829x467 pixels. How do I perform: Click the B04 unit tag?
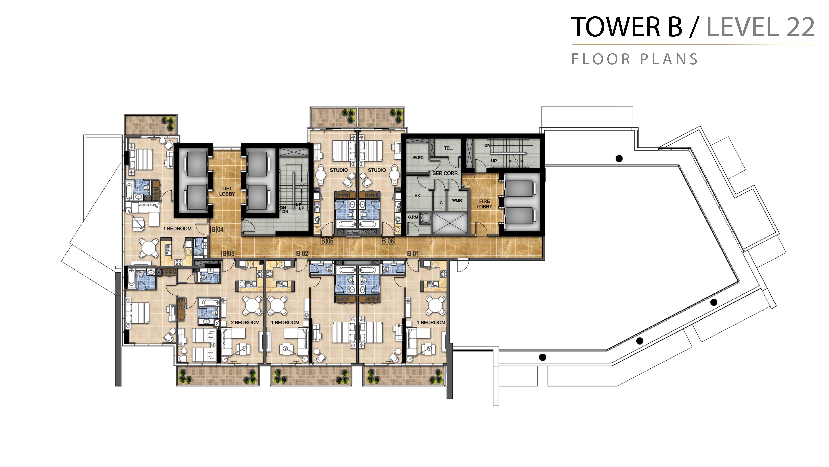point(218,229)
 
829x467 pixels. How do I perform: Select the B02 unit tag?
point(302,254)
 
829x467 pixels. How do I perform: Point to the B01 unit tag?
point(413,254)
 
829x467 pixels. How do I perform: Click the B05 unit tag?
point(327,241)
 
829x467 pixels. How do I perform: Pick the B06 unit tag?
point(388,241)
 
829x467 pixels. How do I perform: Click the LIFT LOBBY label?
point(227,191)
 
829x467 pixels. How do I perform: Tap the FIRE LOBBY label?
point(484,204)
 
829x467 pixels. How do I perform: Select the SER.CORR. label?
point(445,173)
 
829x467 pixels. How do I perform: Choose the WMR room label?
point(457,200)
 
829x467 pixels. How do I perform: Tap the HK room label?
point(417,196)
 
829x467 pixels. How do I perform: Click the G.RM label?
point(413,217)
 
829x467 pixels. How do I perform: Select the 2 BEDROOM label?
point(245,323)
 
